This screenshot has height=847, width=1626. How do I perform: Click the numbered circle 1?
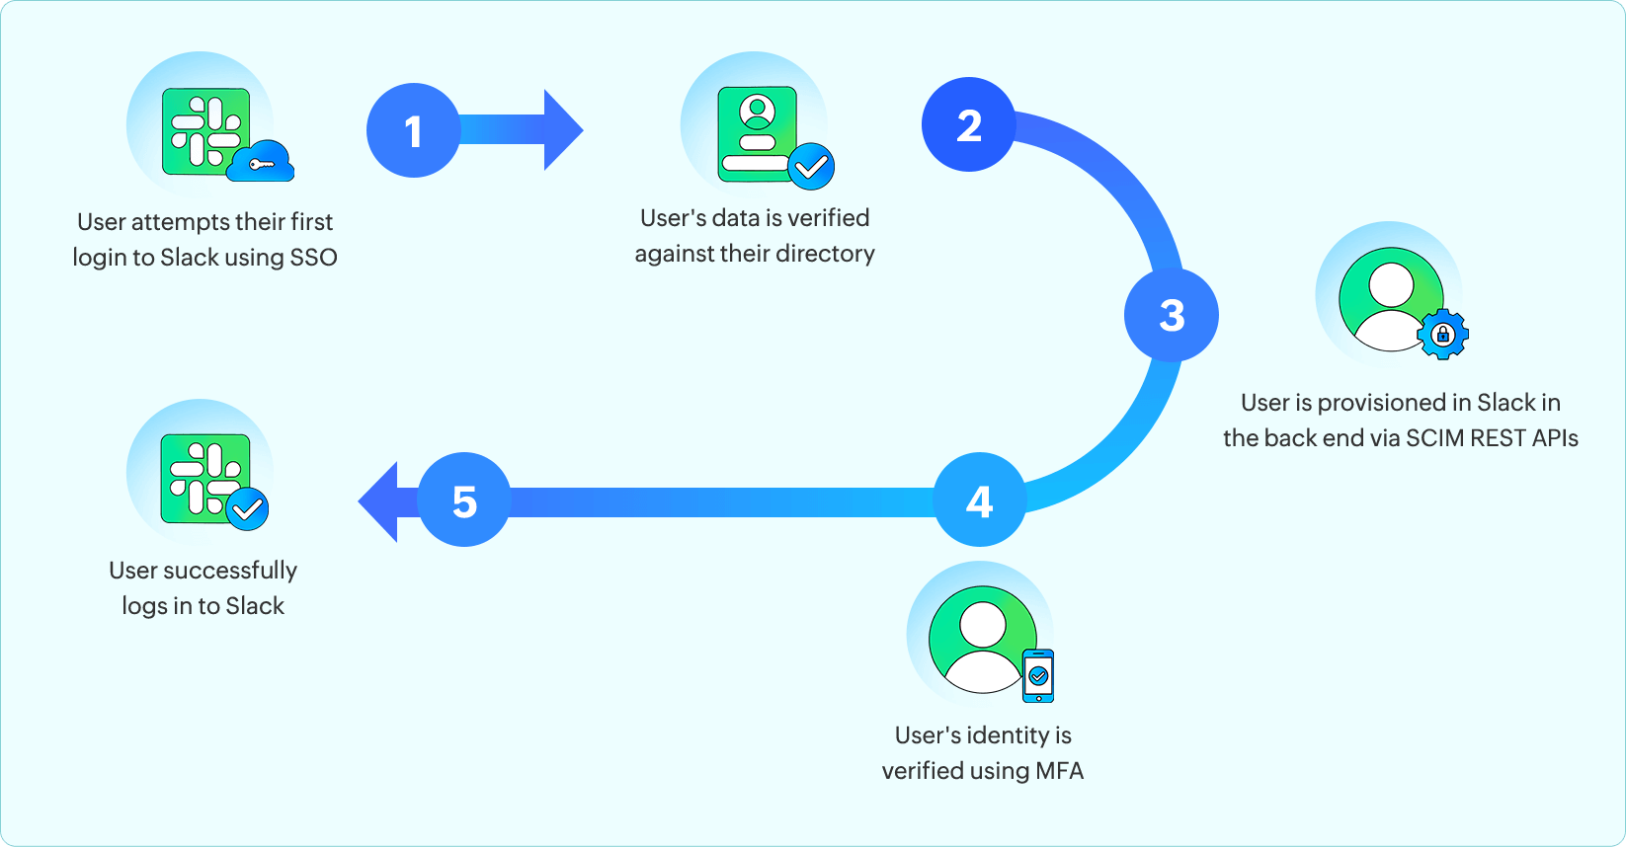tap(413, 130)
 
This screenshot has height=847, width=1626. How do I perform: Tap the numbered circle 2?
tap(968, 124)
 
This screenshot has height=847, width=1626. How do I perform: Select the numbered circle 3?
tap(1171, 315)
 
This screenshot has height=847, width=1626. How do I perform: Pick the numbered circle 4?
tap(979, 500)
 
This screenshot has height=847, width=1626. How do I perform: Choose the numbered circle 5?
tap(464, 500)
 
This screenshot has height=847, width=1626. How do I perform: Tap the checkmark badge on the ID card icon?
tap(812, 167)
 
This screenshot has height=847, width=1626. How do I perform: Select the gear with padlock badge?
tap(1442, 335)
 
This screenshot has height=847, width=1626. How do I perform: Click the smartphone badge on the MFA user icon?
tap(1038, 676)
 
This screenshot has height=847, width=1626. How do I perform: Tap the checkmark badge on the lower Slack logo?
tap(247, 509)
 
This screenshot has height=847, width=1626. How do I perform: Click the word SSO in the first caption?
tap(313, 258)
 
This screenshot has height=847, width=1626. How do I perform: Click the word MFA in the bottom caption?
tap(1059, 771)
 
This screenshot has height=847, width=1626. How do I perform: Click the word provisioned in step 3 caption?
tap(1381, 403)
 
